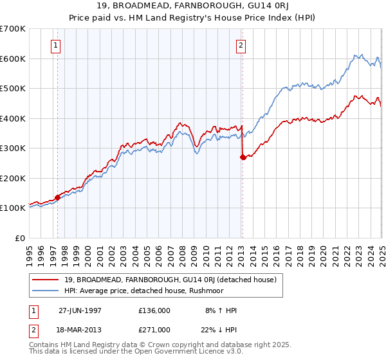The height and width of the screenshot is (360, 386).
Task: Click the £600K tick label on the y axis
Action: point(13,59)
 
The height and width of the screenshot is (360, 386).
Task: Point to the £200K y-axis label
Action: point(13,178)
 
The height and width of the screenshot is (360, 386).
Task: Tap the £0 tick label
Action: point(21,238)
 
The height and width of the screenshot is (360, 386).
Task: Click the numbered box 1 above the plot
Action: point(57,46)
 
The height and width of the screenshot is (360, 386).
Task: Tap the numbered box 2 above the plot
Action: point(241,46)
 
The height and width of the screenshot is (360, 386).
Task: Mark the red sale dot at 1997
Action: point(58,197)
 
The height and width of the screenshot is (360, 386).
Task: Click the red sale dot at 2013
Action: point(243,157)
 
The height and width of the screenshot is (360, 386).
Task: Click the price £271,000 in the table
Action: point(154,330)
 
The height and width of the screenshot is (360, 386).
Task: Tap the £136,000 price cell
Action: point(154,310)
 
